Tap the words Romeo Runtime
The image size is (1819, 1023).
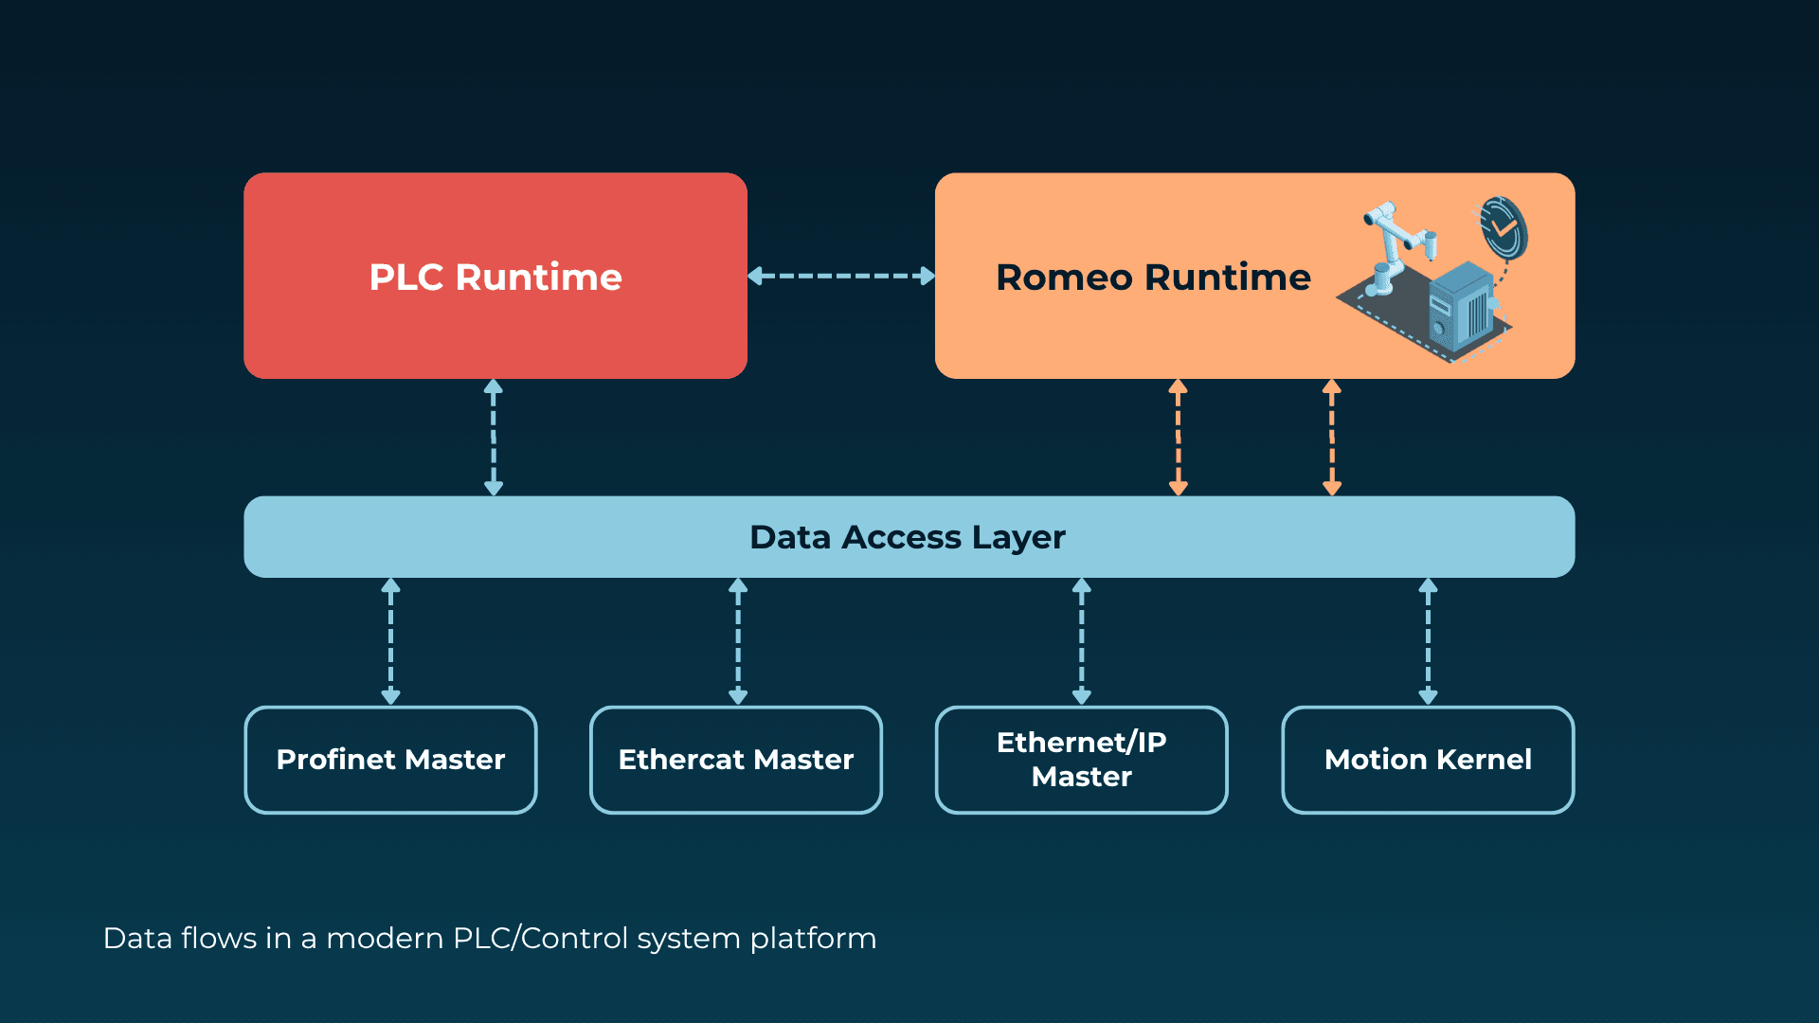[x=1153, y=278]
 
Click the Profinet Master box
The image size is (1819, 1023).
[x=390, y=760]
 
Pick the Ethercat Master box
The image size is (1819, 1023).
[x=736, y=760]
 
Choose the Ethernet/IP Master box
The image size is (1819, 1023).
[x=1081, y=760]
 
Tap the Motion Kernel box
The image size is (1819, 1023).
[x=1428, y=760]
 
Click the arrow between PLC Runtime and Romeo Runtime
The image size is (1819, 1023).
[x=841, y=276]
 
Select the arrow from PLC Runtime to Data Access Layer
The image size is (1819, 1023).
[x=494, y=438]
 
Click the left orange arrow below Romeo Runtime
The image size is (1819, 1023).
[x=1179, y=438]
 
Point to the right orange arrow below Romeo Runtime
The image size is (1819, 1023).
[x=1332, y=438]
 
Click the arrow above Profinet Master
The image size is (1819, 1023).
[x=390, y=642]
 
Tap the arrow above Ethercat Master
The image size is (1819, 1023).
[x=738, y=642]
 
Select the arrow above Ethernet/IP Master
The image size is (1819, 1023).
[x=1082, y=642]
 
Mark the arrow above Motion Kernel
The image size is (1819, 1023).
[x=1428, y=642]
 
